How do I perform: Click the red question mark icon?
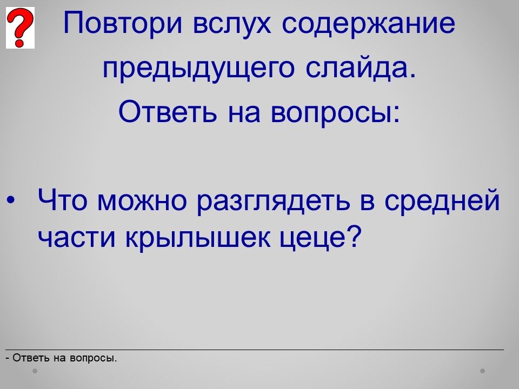pos(20,28)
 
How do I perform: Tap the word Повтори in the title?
pos(123,23)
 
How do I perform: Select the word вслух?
pos(232,23)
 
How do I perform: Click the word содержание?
pos(368,23)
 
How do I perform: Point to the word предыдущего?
pos(198,69)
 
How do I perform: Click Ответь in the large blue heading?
pos(168,111)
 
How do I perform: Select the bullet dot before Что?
pos(11,200)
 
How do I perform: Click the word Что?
pos(63,200)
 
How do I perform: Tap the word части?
pos(76,238)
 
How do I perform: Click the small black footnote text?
pos(61,358)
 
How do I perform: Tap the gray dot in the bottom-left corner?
pos(35,371)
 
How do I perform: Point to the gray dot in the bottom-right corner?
pos(483,371)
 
